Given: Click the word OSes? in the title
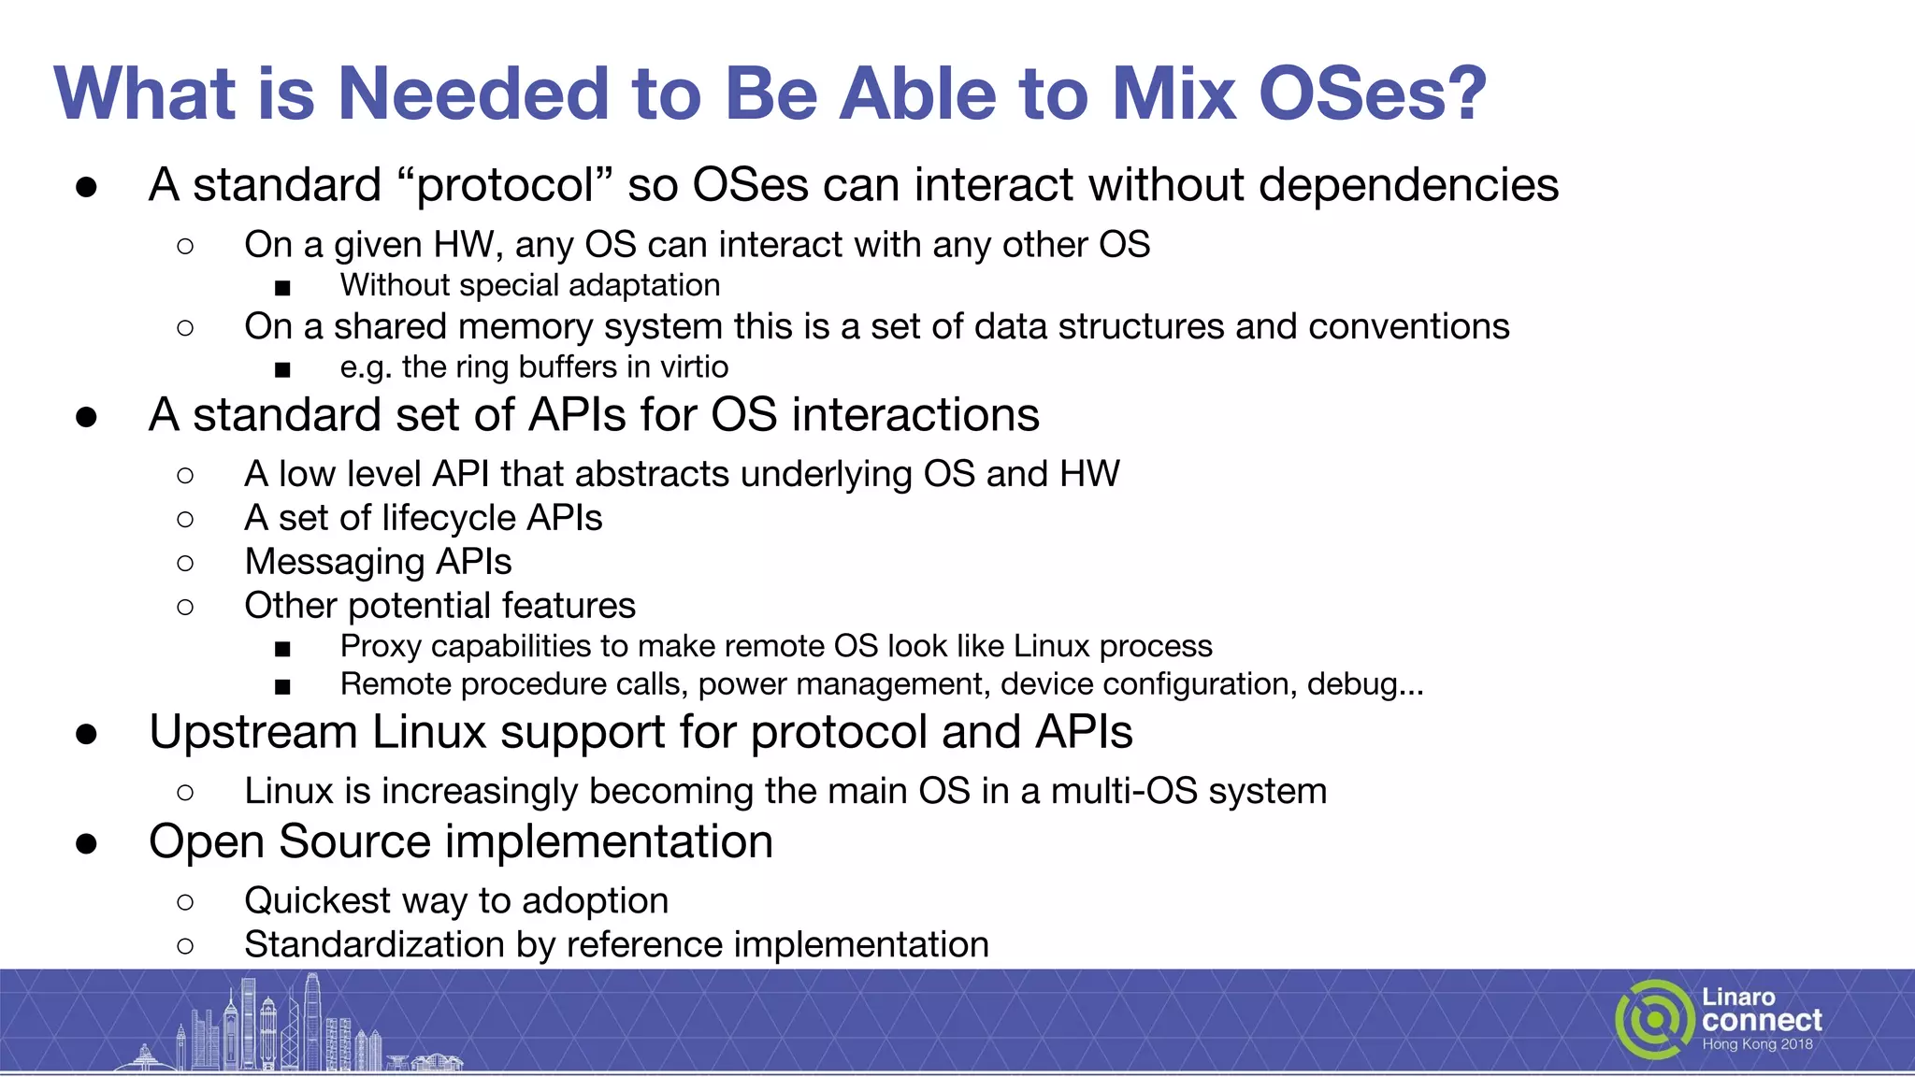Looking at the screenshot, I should [x=1372, y=94].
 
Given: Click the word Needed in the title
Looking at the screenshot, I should [x=472, y=94].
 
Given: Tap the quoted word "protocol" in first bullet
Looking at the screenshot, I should [x=505, y=185].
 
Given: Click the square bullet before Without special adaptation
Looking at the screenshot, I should [x=282, y=287].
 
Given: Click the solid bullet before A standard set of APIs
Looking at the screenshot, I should [x=87, y=416].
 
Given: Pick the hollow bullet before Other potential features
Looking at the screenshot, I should [x=185, y=607].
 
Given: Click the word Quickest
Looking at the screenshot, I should [x=317, y=901].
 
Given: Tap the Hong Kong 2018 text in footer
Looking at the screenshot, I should [x=1757, y=1045].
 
